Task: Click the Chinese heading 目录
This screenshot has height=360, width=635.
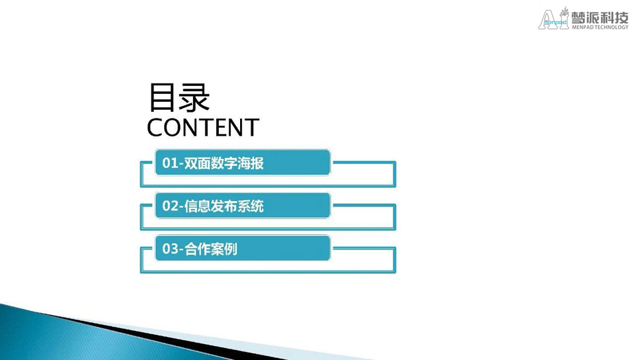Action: [x=179, y=97]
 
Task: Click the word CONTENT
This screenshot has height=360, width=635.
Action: [x=203, y=128]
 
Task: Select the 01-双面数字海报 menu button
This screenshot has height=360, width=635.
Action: [x=243, y=162]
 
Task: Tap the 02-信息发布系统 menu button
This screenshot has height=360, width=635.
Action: [x=243, y=205]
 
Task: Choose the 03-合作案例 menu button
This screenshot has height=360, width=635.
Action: [x=243, y=248]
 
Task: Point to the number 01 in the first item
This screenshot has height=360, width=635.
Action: [x=170, y=163]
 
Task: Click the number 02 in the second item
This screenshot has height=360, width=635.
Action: [x=170, y=206]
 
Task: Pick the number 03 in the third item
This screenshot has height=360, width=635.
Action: [x=170, y=249]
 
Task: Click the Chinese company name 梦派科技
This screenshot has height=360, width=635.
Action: [x=600, y=17]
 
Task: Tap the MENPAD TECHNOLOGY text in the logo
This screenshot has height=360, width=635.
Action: [x=600, y=27]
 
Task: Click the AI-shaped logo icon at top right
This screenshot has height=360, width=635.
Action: [x=553, y=19]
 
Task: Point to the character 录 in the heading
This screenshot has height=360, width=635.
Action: [x=194, y=97]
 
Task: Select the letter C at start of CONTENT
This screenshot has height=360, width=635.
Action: [x=155, y=128]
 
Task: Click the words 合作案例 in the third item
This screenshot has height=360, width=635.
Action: [x=211, y=249]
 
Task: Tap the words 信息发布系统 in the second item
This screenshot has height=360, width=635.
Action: [x=224, y=206]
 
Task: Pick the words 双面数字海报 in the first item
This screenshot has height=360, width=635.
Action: [x=224, y=163]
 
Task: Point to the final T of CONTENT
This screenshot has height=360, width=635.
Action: [x=252, y=128]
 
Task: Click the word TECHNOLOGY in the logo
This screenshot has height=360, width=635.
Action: [x=611, y=27]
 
